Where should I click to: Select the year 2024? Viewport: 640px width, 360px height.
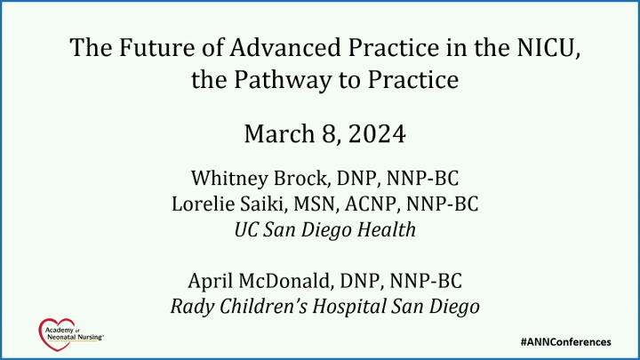(379, 136)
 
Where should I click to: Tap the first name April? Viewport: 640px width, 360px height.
(212, 282)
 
